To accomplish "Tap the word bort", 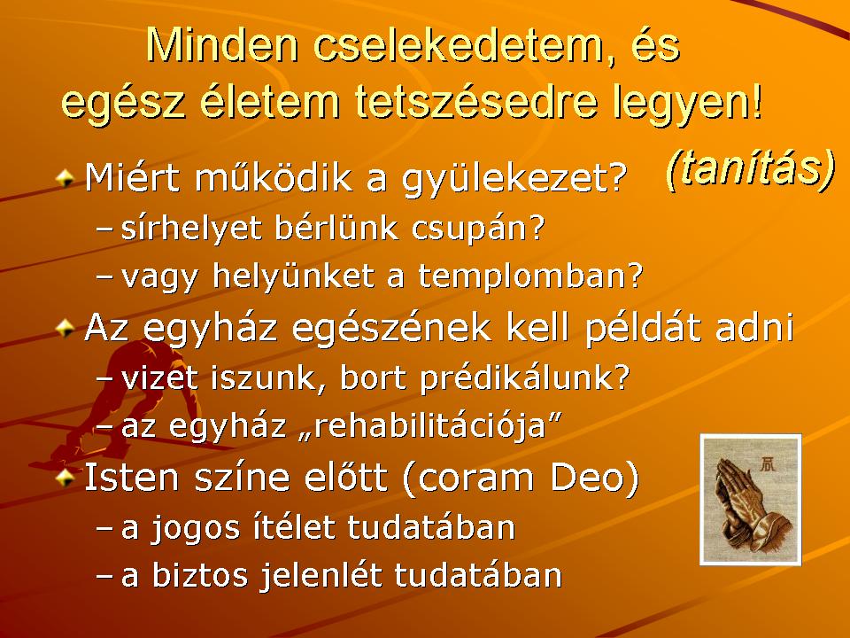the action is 373,377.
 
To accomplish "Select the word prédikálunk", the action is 524,377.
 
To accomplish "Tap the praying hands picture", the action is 750,499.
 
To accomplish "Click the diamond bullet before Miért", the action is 65,178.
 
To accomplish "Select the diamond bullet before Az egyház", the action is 65,327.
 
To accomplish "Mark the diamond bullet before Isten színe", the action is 65,478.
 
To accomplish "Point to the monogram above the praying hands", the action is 769,463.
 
